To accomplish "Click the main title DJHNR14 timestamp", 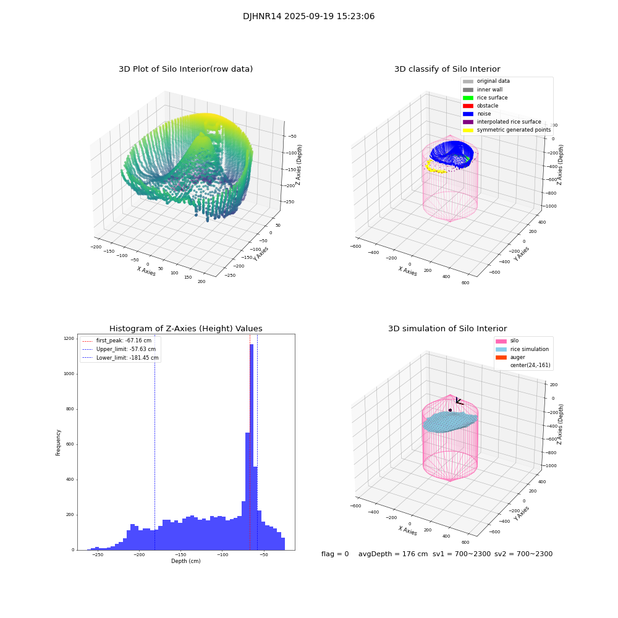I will click(x=308, y=17).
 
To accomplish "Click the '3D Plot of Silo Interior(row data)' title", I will click(x=185, y=69).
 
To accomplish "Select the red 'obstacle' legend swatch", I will click(x=468, y=106).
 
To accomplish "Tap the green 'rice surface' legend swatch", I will click(x=468, y=98).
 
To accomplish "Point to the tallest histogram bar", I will click(x=252, y=445).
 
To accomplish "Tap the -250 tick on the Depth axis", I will click(x=97, y=555).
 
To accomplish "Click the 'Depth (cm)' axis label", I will click(x=185, y=561).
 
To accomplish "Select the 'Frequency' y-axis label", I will click(x=59, y=442).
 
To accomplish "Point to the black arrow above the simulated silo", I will click(x=459, y=402).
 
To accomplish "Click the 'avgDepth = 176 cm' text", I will click(x=393, y=554).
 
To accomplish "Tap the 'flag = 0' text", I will click(x=335, y=554).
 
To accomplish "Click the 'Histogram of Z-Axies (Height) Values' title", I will click(x=185, y=329).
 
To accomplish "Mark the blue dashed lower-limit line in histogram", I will click(x=154, y=445).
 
